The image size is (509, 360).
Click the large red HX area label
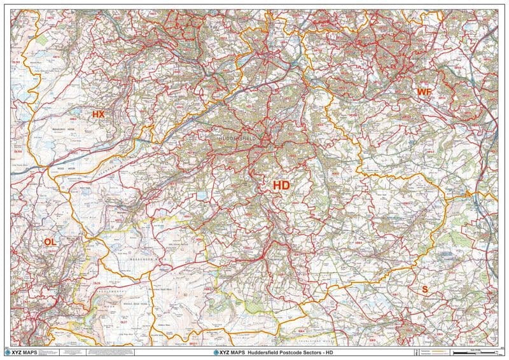(98, 114)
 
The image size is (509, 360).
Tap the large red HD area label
(281, 185)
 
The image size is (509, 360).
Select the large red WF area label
(424, 92)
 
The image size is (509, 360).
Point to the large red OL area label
(50, 242)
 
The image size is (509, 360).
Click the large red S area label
(424, 289)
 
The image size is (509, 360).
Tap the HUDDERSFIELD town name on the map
(236, 138)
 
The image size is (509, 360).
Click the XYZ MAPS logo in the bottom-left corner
(25, 352)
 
